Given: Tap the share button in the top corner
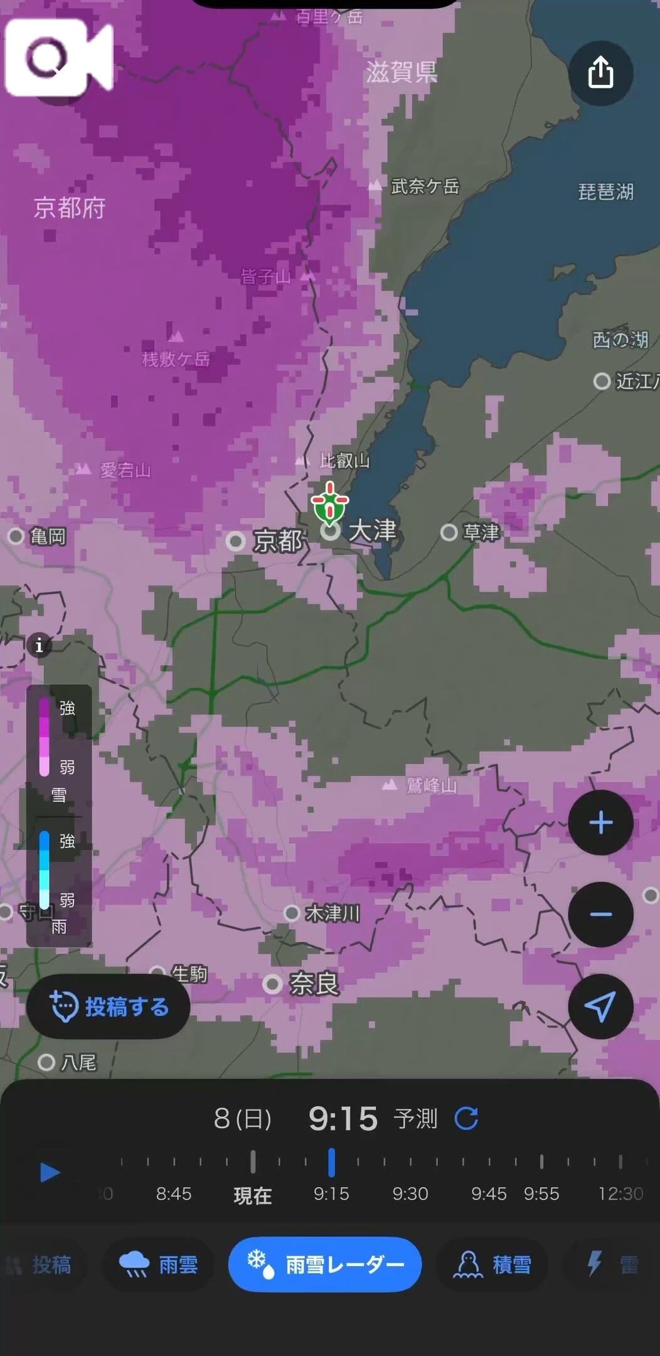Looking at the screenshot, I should click(600, 73).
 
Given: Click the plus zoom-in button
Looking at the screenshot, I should click(600, 822).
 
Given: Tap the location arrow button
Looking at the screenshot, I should click(600, 1006).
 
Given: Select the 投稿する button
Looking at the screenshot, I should click(109, 1006).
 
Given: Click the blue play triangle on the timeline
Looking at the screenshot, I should click(50, 1172).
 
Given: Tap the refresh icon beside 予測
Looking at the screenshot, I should click(466, 1118).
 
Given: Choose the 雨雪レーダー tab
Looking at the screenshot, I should click(325, 1264).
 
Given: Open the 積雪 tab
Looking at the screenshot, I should click(492, 1264).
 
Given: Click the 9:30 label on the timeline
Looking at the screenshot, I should click(410, 1193).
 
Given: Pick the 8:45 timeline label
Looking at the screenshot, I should click(174, 1193).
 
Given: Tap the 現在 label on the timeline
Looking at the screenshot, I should click(253, 1195).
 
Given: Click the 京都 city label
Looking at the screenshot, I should click(277, 541).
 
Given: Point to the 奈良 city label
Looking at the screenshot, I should click(313, 984).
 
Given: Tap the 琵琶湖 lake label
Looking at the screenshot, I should click(605, 191).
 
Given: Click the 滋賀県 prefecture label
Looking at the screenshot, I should click(402, 72).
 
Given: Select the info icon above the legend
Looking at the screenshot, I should click(39, 645).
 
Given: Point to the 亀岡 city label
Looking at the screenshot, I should click(48, 536).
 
